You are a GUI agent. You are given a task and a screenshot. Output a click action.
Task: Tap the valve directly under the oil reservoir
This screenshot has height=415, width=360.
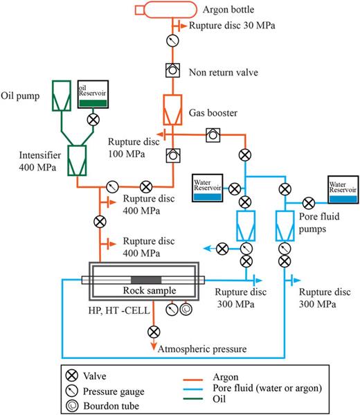[x=93, y=119]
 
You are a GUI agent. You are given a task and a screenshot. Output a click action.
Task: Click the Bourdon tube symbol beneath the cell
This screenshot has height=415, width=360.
[x=185, y=310]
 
